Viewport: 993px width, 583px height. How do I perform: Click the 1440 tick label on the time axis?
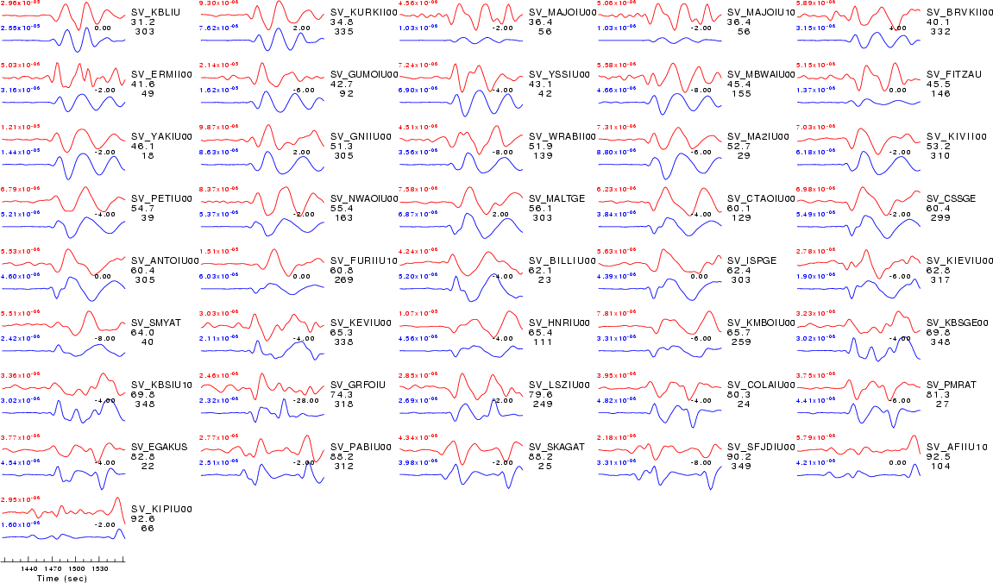(x=29, y=569)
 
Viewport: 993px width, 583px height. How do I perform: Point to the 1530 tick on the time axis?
(x=101, y=569)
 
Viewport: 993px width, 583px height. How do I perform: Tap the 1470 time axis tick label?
(x=53, y=569)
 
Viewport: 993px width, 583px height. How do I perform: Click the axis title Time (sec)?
(x=62, y=578)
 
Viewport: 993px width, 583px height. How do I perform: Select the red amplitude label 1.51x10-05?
(x=217, y=251)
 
